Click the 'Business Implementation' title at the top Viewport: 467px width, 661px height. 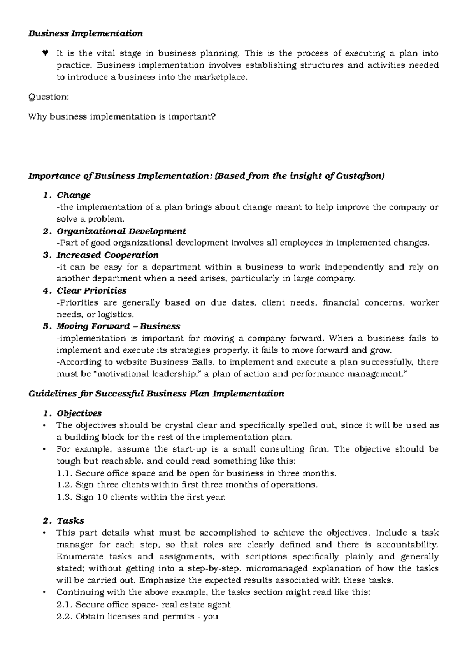click(86, 33)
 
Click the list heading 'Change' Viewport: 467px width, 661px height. click(74, 195)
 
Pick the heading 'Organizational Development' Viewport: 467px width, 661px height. click(121, 231)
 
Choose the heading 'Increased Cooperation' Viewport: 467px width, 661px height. click(107, 255)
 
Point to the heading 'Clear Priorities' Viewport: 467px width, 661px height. click(91, 290)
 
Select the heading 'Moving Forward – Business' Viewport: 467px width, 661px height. click(118, 326)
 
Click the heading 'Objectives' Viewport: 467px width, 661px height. click(79, 413)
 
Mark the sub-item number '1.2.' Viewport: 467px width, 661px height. click(64, 485)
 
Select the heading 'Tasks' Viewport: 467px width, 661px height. click(70, 521)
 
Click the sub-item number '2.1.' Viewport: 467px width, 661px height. click(64, 605)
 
